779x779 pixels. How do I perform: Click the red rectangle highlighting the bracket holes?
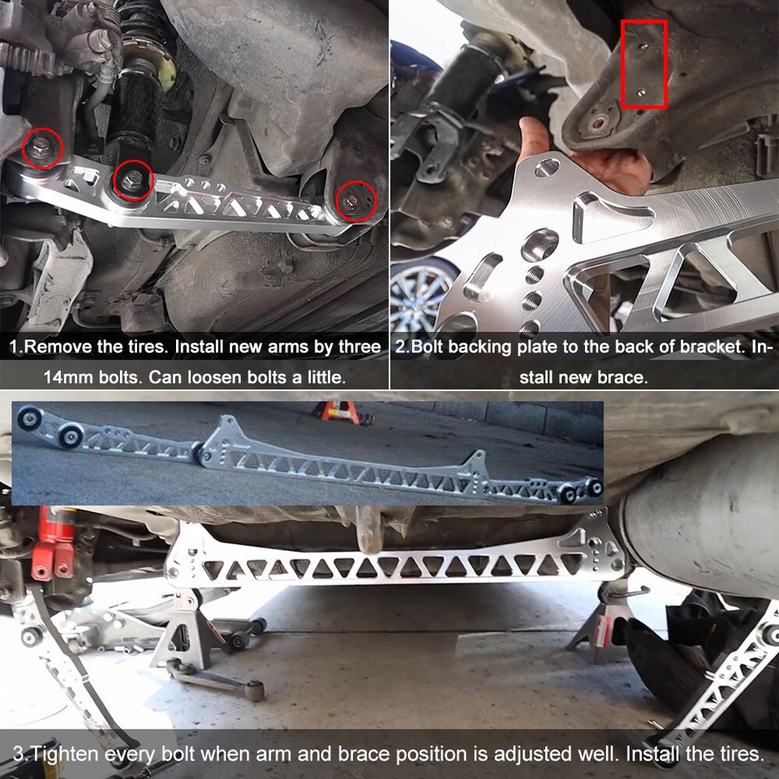click(643, 64)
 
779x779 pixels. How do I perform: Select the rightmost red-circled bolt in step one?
click(355, 200)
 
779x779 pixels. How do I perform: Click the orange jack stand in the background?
click(339, 410)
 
